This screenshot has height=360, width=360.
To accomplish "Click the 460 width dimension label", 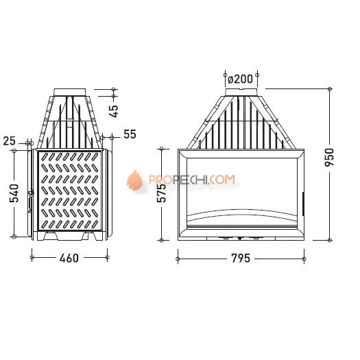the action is [x=69, y=258].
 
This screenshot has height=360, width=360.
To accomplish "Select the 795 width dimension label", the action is [x=241, y=259].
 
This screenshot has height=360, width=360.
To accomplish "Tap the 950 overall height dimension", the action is [x=330, y=157].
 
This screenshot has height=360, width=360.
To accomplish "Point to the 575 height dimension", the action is [x=161, y=193].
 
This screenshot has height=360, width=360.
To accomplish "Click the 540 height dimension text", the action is [x=14, y=193].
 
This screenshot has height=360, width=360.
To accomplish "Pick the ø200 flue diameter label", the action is [x=240, y=80].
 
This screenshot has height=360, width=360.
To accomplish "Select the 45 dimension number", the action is [x=113, y=111].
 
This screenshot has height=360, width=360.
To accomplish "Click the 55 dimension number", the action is [x=130, y=134].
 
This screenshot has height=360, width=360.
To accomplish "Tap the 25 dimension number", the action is [x=9, y=141].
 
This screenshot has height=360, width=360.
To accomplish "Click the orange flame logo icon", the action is [x=135, y=180].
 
